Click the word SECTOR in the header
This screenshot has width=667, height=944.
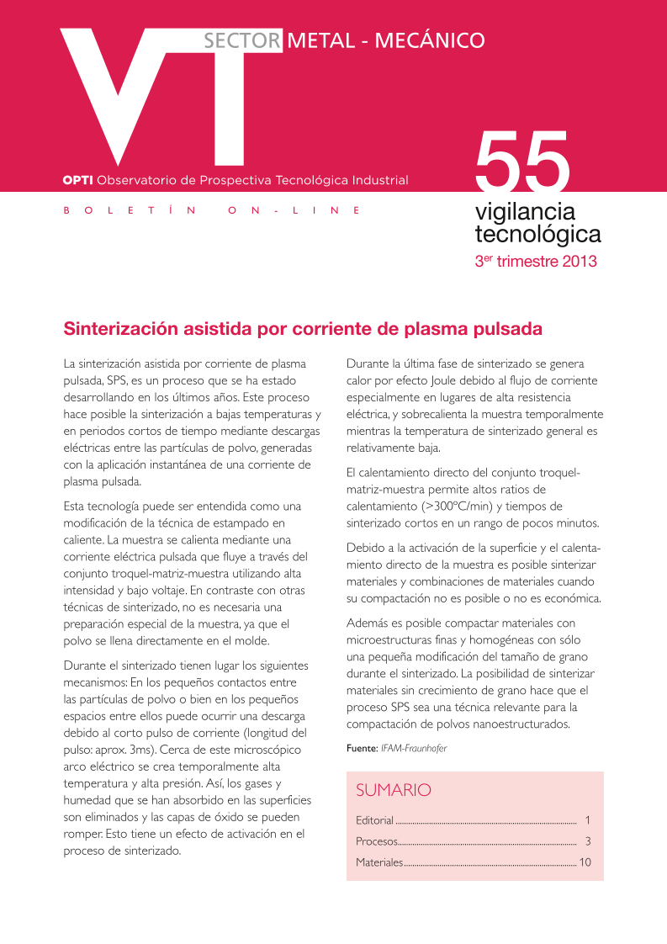click(x=241, y=40)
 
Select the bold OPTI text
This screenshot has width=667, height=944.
click(x=78, y=180)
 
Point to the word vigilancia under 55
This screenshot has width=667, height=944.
click(x=525, y=211)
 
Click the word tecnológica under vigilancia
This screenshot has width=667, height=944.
click(x=537, y=233)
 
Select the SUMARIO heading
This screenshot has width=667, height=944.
click(x=393, y=790)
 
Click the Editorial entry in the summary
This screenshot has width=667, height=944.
click(x=374, y=820)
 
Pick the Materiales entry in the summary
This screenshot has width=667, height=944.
click(x=379, y=862)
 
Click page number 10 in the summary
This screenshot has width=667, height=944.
click(x=585, y=862)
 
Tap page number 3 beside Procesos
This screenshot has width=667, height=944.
click(x=588, y=841)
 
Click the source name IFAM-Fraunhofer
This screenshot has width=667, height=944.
click(x=414, y=747)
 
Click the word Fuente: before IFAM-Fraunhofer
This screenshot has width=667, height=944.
click(x=362, y=747)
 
